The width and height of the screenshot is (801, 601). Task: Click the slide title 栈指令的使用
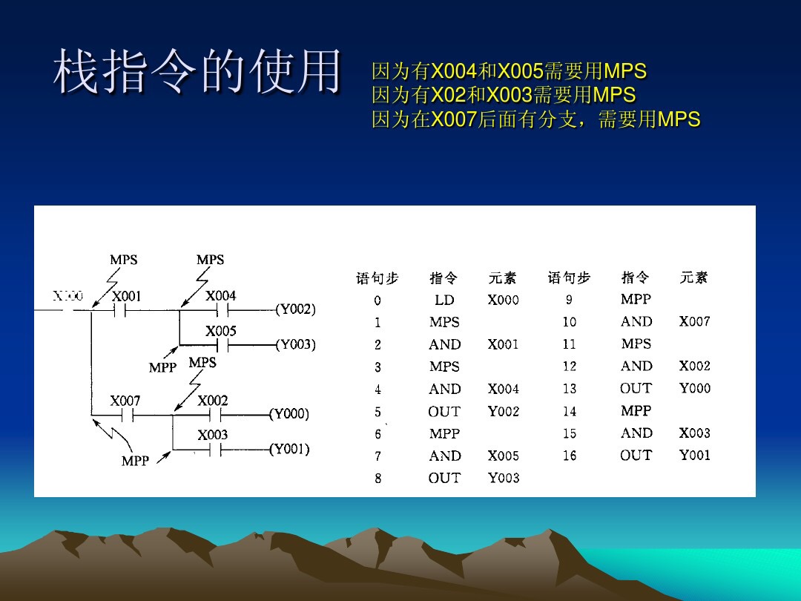click(197, 72)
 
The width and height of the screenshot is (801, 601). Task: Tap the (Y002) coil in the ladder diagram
click(295, 309)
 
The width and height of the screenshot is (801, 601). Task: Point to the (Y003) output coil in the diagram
click(295, 344)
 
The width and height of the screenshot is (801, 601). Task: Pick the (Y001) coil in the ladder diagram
click(289, 449)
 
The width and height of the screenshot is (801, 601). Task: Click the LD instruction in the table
click(444, 300)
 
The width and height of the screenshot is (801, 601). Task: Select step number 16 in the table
click(569, 456)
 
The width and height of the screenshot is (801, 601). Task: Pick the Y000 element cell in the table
click(694, 388)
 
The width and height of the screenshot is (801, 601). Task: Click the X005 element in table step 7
click(503, 456)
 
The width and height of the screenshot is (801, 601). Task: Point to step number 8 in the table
click(378, 479)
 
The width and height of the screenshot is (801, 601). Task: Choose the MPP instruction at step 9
click(636, 299)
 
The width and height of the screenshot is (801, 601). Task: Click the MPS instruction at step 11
click(636, 344)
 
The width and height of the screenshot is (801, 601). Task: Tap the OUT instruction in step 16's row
click(636, 455)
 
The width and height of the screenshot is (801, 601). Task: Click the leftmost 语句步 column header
click(378, 278)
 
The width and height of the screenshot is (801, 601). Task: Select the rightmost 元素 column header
click(694, 277)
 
